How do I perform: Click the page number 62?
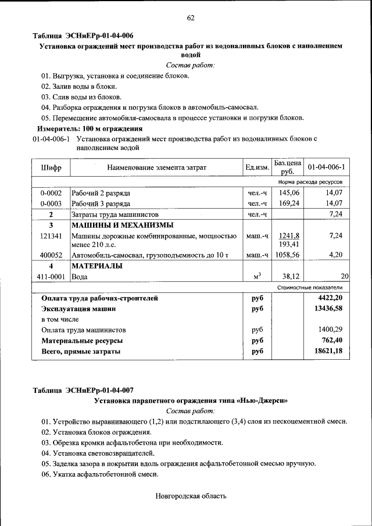pos(190,18)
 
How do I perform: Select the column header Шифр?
pos(51,168)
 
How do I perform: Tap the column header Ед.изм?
pos(257,168)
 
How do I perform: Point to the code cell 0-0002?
pos(51,192)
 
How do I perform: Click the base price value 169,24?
pos(289,203)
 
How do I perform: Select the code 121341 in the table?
pos(51,236)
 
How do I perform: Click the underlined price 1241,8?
pos(289,235)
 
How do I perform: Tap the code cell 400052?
pos(51,255)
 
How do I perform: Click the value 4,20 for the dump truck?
pos(337,255)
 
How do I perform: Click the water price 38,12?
pos(289,277)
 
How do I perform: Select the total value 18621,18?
pos(328,352)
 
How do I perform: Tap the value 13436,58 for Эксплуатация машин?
pos(328,309)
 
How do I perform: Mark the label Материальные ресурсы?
pos(81,341)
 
